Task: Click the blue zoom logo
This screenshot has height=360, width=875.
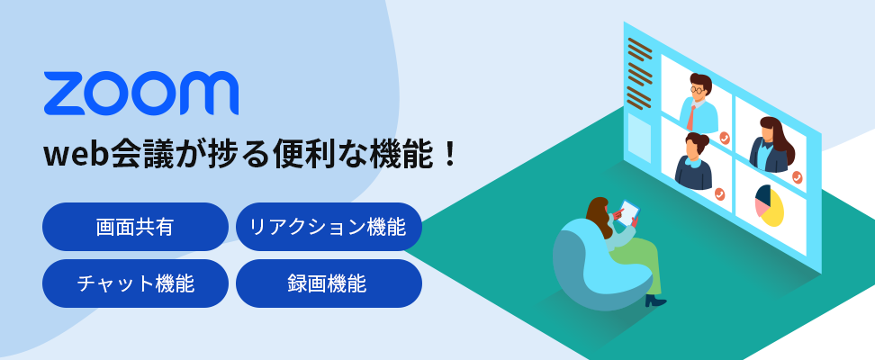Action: pyautogui.click(x=140, y=93)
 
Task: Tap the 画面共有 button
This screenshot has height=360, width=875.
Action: pyautogui.click(x=135, y=227)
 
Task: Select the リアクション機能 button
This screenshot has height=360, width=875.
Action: pyautogui.click(x=329, y=227)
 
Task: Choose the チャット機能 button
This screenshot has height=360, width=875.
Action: pyautogui.click(x=135, y=283)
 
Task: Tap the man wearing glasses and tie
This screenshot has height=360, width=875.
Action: pyautogui.click(x=698, y=103)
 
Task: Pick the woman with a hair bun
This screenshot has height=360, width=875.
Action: pyautogui.click(x=694, y=162)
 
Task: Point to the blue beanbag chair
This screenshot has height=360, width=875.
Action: pyautogui.click(x=597, y=262)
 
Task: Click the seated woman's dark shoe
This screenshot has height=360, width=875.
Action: pyautogui.click(x=655, y=301)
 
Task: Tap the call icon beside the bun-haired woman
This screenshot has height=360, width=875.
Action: pyautogui.click(x=719, y=194)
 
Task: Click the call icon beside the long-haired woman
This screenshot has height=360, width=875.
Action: pyautogui.click(x=797, y=177)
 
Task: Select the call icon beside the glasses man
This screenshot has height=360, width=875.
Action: pyautogui.click(x=725, y=138)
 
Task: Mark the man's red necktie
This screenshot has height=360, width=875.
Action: pyautogui.click(x=691, y=118)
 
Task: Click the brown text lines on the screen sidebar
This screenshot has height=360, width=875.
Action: pyautogui.click(x=639, y=73)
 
